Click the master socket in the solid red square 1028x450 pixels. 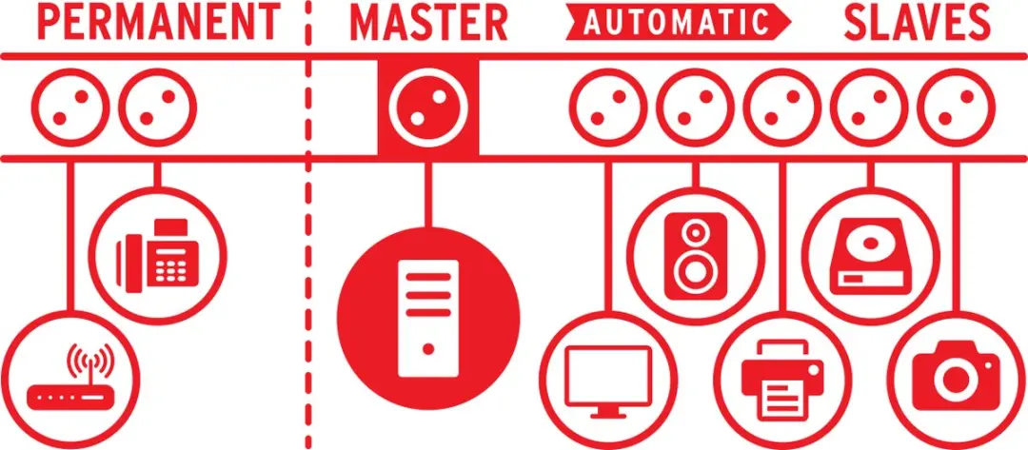click(x=428, y=106)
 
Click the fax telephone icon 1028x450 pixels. click(x=157, y=256)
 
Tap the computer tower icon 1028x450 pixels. click(x=428, y=318)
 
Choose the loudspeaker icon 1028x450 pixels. click(x=696, y=256)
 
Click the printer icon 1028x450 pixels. click(x=782, y=380)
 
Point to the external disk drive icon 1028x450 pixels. click(x=870, y=255)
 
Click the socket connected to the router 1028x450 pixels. click(x=70, y=108)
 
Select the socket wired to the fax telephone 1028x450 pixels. click(x=158, y=108)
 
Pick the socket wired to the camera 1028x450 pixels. click(x=956, y=108)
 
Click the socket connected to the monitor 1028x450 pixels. click(x=606, y=108)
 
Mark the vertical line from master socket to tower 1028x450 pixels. click(x=428, y=191)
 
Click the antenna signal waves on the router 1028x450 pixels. click(x=89, y=362)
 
